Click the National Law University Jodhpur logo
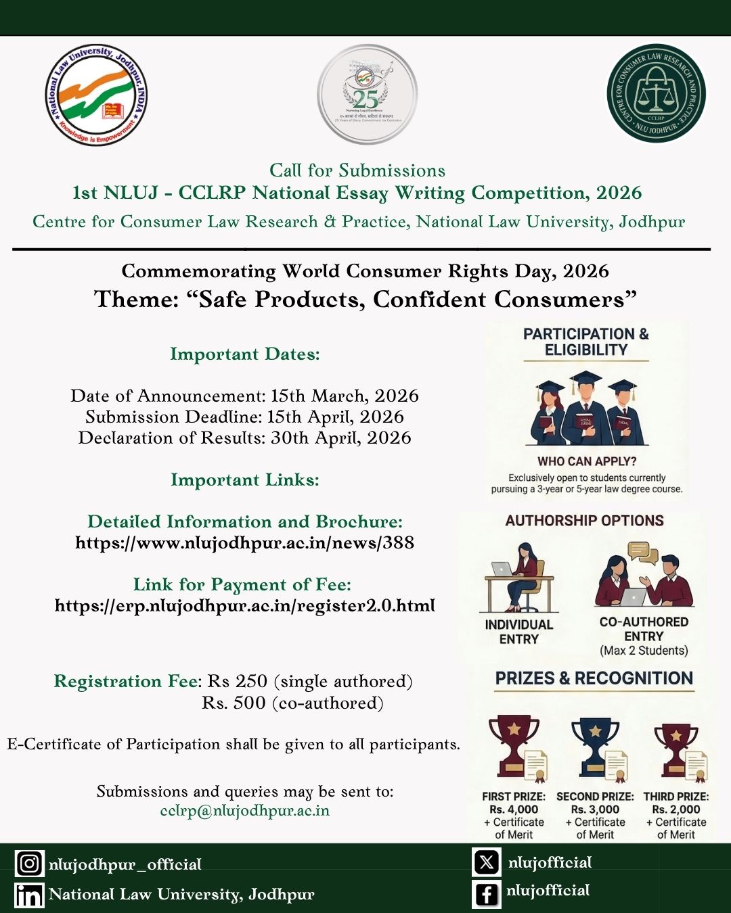point(96,95)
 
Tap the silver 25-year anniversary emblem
point(367,95)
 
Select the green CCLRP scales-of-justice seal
point(655,93)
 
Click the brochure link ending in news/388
point(244,543)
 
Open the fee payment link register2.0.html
point(244,605)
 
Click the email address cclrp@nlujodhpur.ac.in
point(244,810)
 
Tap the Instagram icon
point(29,864)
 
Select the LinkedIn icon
point(29,895)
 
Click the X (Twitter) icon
point(487,862)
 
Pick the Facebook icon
point(487,893)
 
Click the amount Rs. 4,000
point(514,810)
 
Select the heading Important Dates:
point(244,354)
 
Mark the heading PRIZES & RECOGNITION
point(594,678)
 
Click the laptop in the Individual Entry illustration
point(502,569)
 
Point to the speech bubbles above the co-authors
point(642,553)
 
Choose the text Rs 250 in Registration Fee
point(237,681)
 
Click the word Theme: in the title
point(136,300)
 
